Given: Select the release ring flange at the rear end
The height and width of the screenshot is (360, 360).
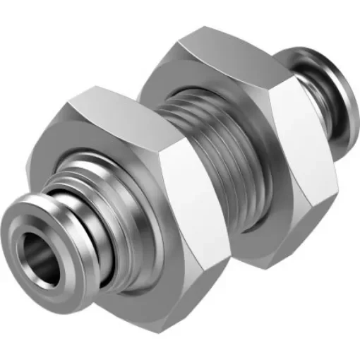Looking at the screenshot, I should (332, 78).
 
